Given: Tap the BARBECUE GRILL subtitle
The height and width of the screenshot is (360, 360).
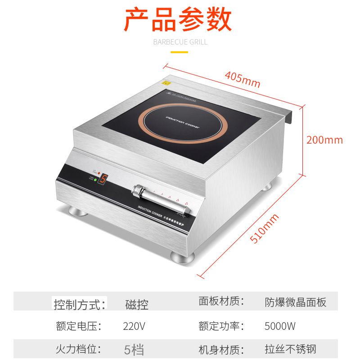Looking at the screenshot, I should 180,42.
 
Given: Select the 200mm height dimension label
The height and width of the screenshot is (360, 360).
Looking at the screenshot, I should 324,140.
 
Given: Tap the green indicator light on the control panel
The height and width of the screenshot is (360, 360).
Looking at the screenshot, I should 96,181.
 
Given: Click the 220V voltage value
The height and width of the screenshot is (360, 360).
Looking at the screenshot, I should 134,326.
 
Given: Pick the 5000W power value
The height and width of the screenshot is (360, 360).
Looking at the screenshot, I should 280,326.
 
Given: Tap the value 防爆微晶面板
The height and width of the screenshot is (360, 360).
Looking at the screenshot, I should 295,302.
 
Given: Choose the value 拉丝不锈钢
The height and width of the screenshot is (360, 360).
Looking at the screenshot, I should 290,349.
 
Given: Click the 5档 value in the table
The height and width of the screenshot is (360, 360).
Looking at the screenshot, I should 134,349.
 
